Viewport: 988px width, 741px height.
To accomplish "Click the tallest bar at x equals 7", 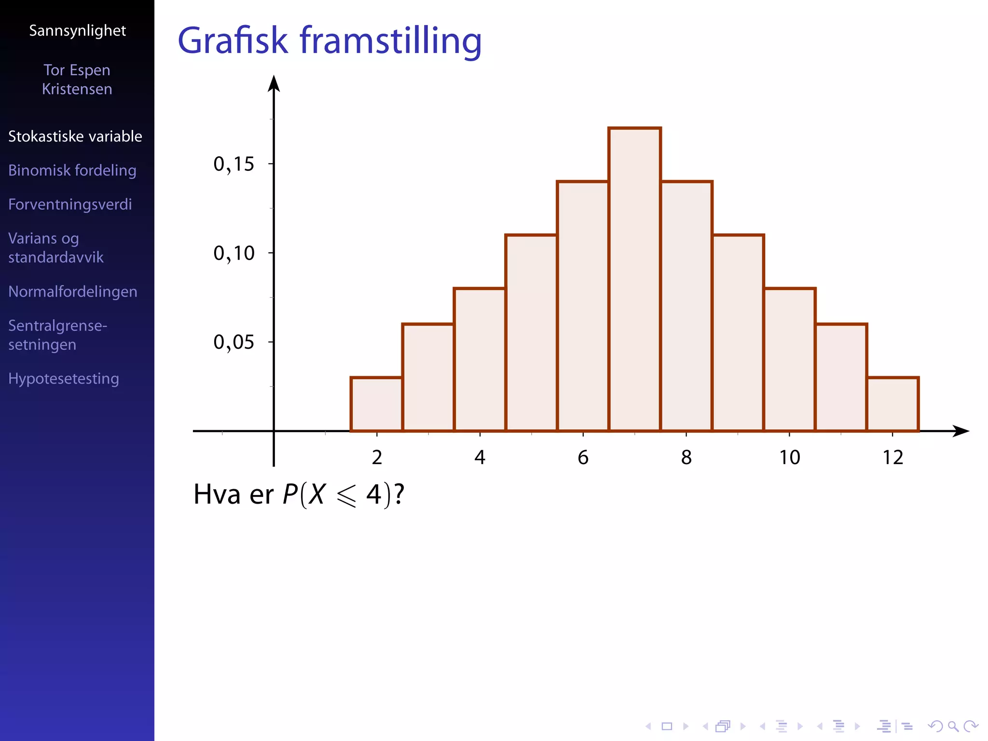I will tap(634, 280).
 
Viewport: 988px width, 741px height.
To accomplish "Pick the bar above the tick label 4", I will tap(480, 359).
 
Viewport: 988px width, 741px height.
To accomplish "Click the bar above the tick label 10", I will tap(789, 359).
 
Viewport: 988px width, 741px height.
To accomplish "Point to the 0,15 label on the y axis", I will tap(233, 165).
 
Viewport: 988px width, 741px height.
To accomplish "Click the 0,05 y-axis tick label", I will tap(233, 343).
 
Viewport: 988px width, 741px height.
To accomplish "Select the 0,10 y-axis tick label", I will tap(233, 253).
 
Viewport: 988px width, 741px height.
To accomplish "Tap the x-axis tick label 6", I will tap(583, 457).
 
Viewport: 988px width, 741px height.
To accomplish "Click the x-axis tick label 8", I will tap(686, 457).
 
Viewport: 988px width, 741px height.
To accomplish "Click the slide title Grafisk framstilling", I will tap(329, 41).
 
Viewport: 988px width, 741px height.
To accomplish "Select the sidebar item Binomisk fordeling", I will tap(72, 170).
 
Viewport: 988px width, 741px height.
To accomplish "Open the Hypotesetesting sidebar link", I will tap(64, 379).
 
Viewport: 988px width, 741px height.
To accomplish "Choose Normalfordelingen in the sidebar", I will tap(73, 292).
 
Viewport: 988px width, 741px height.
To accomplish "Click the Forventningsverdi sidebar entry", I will tap(70, 205).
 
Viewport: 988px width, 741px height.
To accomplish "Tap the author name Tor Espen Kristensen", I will tap(77, 80).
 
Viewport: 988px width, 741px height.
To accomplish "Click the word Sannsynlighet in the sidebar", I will tap(77, 31).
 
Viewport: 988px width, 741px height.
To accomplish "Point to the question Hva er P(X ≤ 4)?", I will tap(299, 495).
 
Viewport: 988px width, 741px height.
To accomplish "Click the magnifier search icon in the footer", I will tap(953, 726).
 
